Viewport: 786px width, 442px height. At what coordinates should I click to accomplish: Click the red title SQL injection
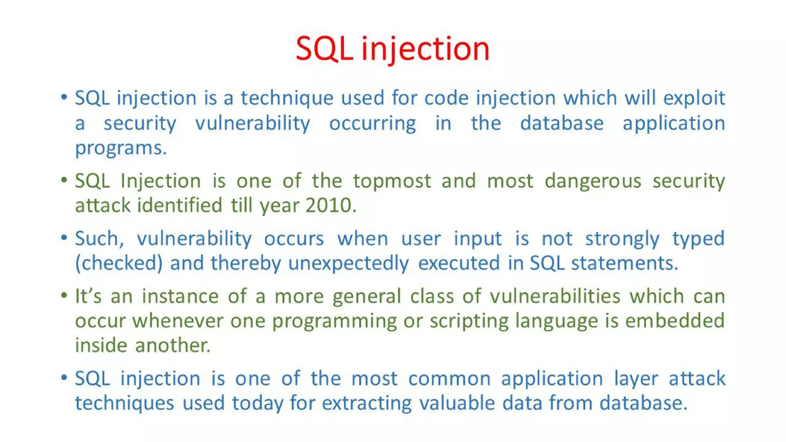[392, 49]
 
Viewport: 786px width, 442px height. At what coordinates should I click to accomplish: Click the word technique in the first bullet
[287, 98]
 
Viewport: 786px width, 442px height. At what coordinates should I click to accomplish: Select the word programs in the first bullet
[121, 148]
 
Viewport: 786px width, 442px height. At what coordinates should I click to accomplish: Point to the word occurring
[372, 124]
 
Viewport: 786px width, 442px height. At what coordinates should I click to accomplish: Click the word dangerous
[593, 181]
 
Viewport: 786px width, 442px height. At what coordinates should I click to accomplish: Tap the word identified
[180, 205]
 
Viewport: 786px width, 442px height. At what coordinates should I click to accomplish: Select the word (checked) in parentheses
[119, 263]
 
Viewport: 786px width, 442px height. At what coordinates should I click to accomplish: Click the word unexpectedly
[348, 263]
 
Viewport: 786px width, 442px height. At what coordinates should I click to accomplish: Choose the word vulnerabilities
[555, 296]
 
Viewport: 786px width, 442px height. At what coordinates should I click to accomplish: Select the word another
[172, 345]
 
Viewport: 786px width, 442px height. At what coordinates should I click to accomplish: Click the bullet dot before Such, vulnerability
[64, 238]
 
